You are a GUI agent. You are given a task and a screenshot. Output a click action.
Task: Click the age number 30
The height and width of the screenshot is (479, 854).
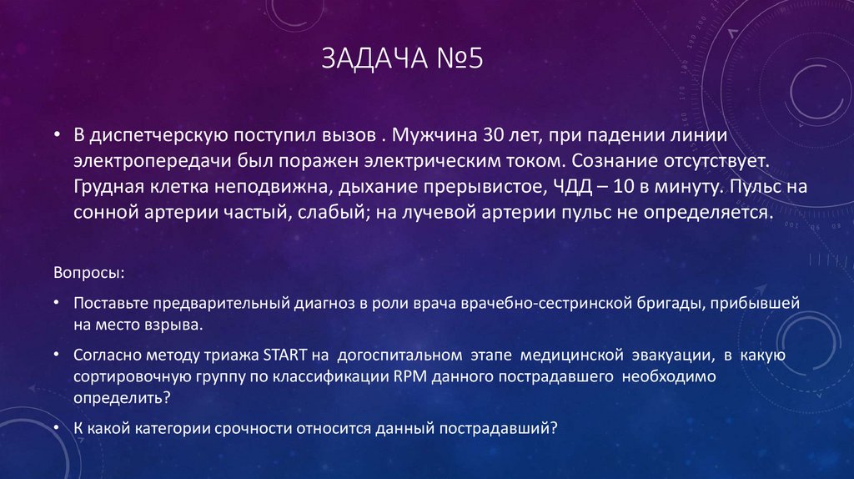495,134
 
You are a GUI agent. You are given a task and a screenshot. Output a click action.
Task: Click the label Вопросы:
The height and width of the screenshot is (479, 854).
91,274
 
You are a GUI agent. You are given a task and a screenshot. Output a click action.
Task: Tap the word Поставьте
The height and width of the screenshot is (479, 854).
108,303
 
